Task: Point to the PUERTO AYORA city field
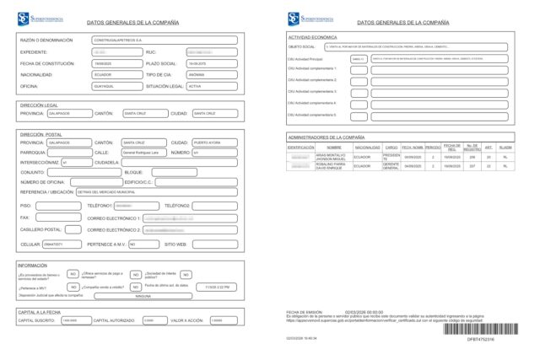(x=215, y=142)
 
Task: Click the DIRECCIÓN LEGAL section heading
(x=39, y=105)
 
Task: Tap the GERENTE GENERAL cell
(x=391, y=166)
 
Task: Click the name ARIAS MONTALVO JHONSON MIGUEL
(x=332, y=156)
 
